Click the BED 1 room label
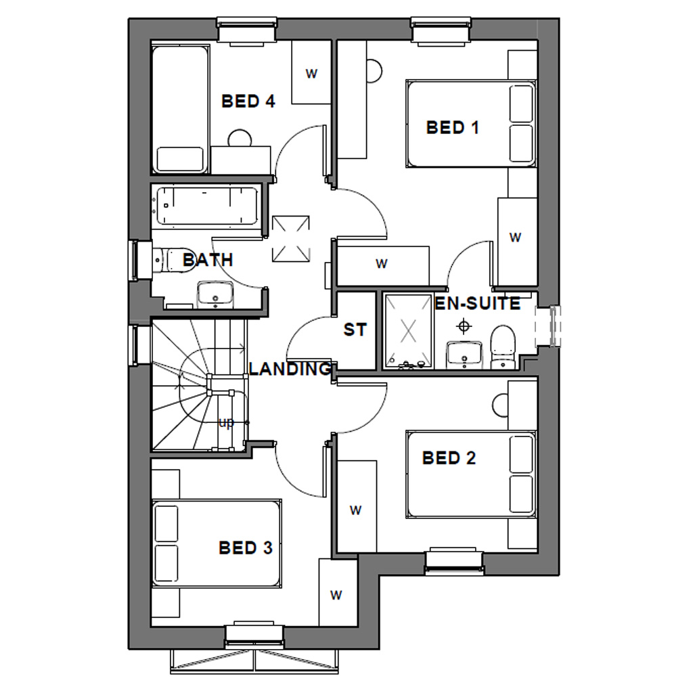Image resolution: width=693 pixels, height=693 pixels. coord(452,127)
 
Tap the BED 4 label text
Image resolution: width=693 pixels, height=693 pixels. coord(248,102)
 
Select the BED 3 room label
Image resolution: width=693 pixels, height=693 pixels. coord(246,547)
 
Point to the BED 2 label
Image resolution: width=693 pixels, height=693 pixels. coord(449,458)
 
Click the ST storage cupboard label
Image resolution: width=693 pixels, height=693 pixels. coord(355,330)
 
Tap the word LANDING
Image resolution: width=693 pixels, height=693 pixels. coord(290,369)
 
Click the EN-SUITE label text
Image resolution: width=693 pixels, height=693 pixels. coord(477,303)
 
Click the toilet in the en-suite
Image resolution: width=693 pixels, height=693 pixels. coord(503,345)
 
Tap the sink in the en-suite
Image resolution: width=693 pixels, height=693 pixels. coord(464,353)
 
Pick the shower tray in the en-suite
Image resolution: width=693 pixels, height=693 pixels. coord(408,330)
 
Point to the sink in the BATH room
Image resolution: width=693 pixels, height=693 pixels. coord(215,294)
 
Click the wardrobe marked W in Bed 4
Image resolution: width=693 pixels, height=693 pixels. coord(311,73)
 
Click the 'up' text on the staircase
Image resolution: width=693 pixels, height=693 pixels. coord(227,423)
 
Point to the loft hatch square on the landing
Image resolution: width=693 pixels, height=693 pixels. coord(290,238)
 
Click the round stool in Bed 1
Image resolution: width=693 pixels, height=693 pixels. coord(374,70)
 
